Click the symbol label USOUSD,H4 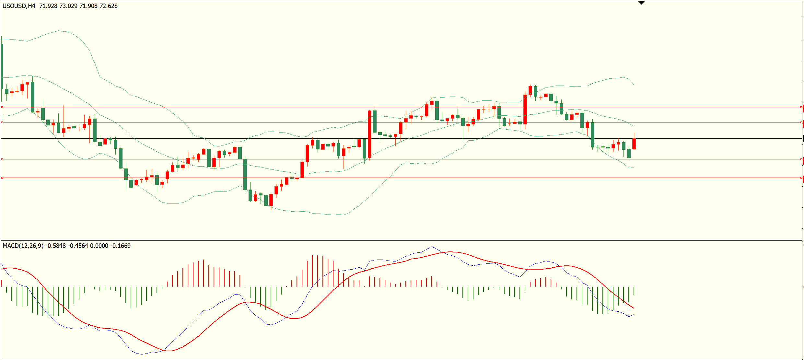[19, 6]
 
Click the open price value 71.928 [48, 6]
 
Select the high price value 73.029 [68, 6]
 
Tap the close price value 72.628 [108, 6]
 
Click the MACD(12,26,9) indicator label [23, 246]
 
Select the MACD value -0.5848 [55, 246]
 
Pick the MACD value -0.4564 [78, 246]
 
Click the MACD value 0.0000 [99, 246]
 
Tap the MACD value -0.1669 [121, 246]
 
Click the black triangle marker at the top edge [641, 3]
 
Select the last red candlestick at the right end [634, 144]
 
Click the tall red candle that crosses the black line [369, 134]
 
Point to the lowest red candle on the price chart [271, 200]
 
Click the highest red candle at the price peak [530, 90]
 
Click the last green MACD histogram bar [634, 291]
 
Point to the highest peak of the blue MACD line [432, 247]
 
